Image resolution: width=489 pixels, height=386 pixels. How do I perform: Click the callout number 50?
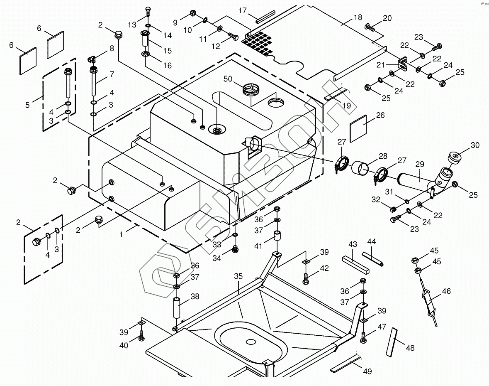pyautogui.click(x=228, y=79)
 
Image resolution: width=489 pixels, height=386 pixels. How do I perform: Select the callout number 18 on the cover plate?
pyautogui.click(x=358, y=17)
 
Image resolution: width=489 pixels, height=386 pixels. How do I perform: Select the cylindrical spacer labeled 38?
pyautogui.click(x=177, y=307)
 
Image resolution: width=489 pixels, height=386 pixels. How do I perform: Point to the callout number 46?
pyautogui.click(x=446, y=291)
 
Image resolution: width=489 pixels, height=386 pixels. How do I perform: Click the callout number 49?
pyautogui.click(x=367, y=371)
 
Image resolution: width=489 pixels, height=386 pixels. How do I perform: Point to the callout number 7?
pyautogui.click(x=111, y=74)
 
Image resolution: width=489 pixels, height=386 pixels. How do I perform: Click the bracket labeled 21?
pyautogui.click(x=402, y=64)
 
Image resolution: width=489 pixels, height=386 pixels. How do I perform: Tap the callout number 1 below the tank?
pyautogui.click(x=121, y=235)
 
